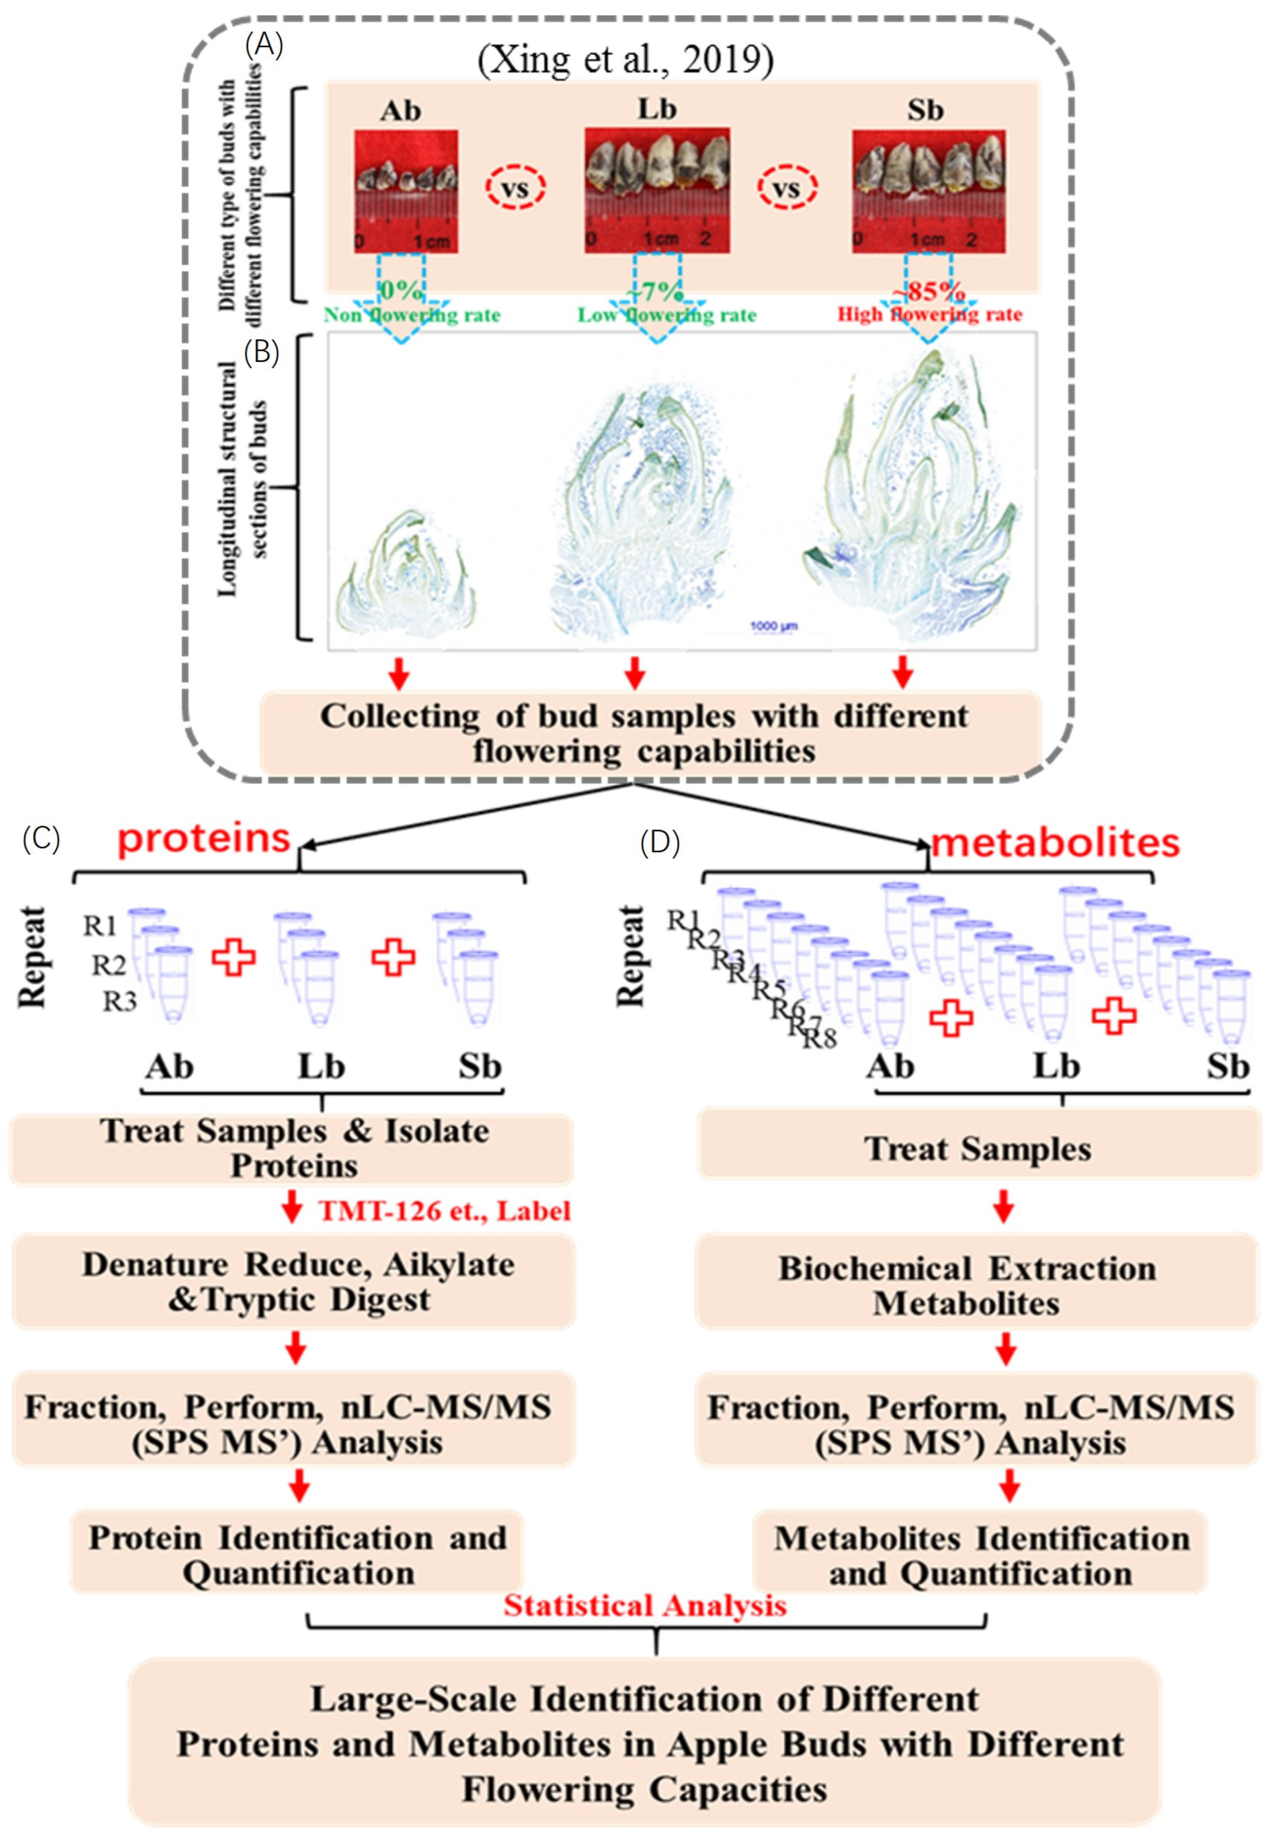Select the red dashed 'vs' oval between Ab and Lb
tap(516, 187)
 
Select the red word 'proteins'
tap(204, 838)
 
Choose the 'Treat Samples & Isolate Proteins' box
tap(293, 1149)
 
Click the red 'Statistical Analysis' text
tap(644, 1604)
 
